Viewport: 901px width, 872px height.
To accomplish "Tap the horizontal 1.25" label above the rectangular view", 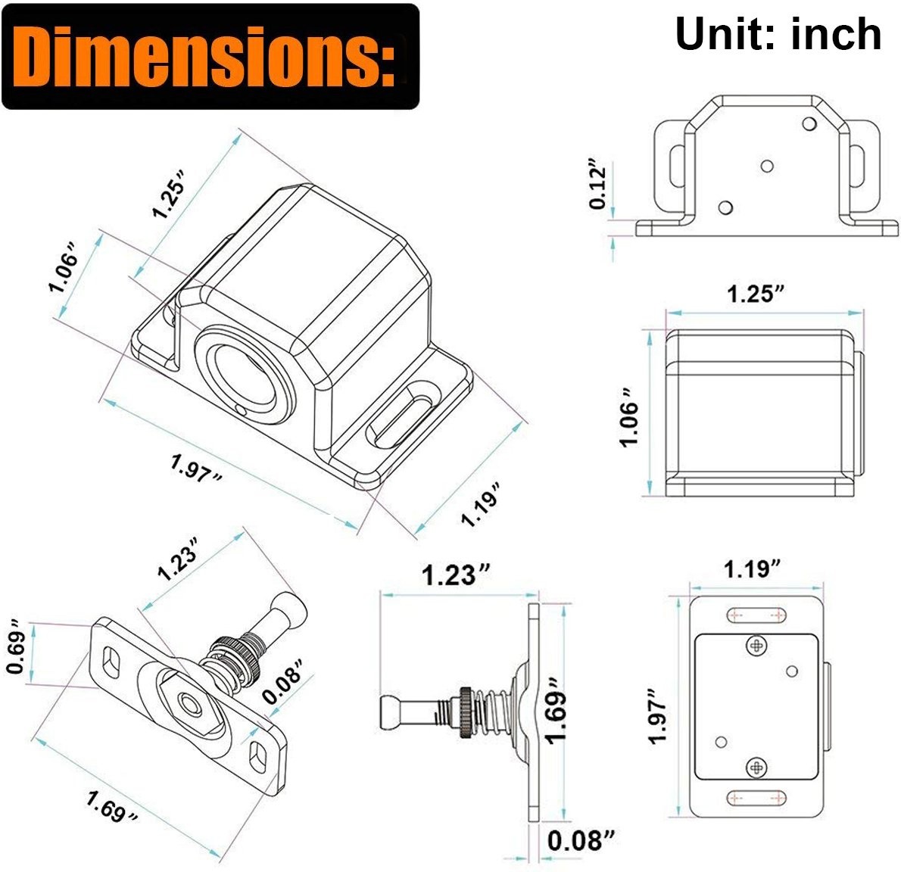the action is click(756, 294).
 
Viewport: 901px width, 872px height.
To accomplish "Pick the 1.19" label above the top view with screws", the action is click(752, 569).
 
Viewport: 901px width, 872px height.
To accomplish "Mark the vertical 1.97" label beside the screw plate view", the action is click(659, 715).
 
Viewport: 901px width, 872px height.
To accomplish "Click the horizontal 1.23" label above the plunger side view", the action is click(457, 575).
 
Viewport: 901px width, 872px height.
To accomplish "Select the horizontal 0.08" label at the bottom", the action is click(581, 840).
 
